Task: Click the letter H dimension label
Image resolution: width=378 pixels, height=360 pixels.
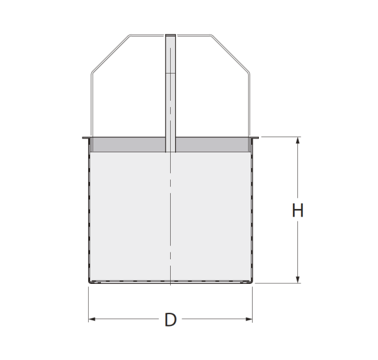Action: [x=297, y=210]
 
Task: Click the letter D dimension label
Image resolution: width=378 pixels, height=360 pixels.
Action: [x=171, y=320]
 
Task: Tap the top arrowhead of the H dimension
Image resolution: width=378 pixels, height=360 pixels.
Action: [x=298, y=140]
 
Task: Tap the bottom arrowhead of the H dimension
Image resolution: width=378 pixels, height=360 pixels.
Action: [x=298, y=279]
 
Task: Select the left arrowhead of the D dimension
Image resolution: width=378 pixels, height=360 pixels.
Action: [x=92, y=319]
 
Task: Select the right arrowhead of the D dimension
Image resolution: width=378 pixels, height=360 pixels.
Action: [x=249, y=319]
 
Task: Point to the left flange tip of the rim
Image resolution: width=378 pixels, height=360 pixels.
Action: [x=83, y=138]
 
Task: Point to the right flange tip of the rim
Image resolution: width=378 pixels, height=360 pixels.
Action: [x=258, y=138]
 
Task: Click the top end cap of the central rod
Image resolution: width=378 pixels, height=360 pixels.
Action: [x=171, y=35]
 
